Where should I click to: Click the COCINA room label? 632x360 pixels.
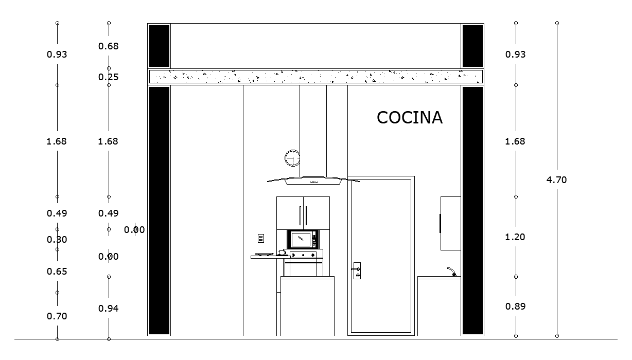coord(410,118)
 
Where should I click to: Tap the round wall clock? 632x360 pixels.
coord(292,158)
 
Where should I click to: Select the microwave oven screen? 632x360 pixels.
coord(301,239)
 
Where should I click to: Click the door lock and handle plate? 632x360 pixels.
coord(357,271)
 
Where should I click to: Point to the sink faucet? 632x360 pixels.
coord(451,272)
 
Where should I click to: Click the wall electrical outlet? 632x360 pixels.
coord(261,238)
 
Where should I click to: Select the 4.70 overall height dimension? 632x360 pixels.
coord(557,180)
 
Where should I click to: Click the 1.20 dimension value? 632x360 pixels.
coord(516,237)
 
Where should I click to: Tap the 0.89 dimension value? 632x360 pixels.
coord(516,307)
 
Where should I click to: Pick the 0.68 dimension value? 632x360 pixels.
coord(109,46)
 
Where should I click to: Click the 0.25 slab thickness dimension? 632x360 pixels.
coord(109,77)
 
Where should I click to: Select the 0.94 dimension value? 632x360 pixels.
coord(109,309)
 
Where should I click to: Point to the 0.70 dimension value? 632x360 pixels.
coord(57,316)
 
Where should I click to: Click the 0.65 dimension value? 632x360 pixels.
coord(57,272)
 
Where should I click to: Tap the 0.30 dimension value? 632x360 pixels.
coord(57,240)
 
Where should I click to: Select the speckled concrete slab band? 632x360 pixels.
coord(315,77)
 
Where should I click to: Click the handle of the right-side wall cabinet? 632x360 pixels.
coord(440,223)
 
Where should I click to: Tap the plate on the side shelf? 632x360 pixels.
coord(264,254)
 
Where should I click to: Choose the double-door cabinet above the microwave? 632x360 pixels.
coord(303,213)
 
